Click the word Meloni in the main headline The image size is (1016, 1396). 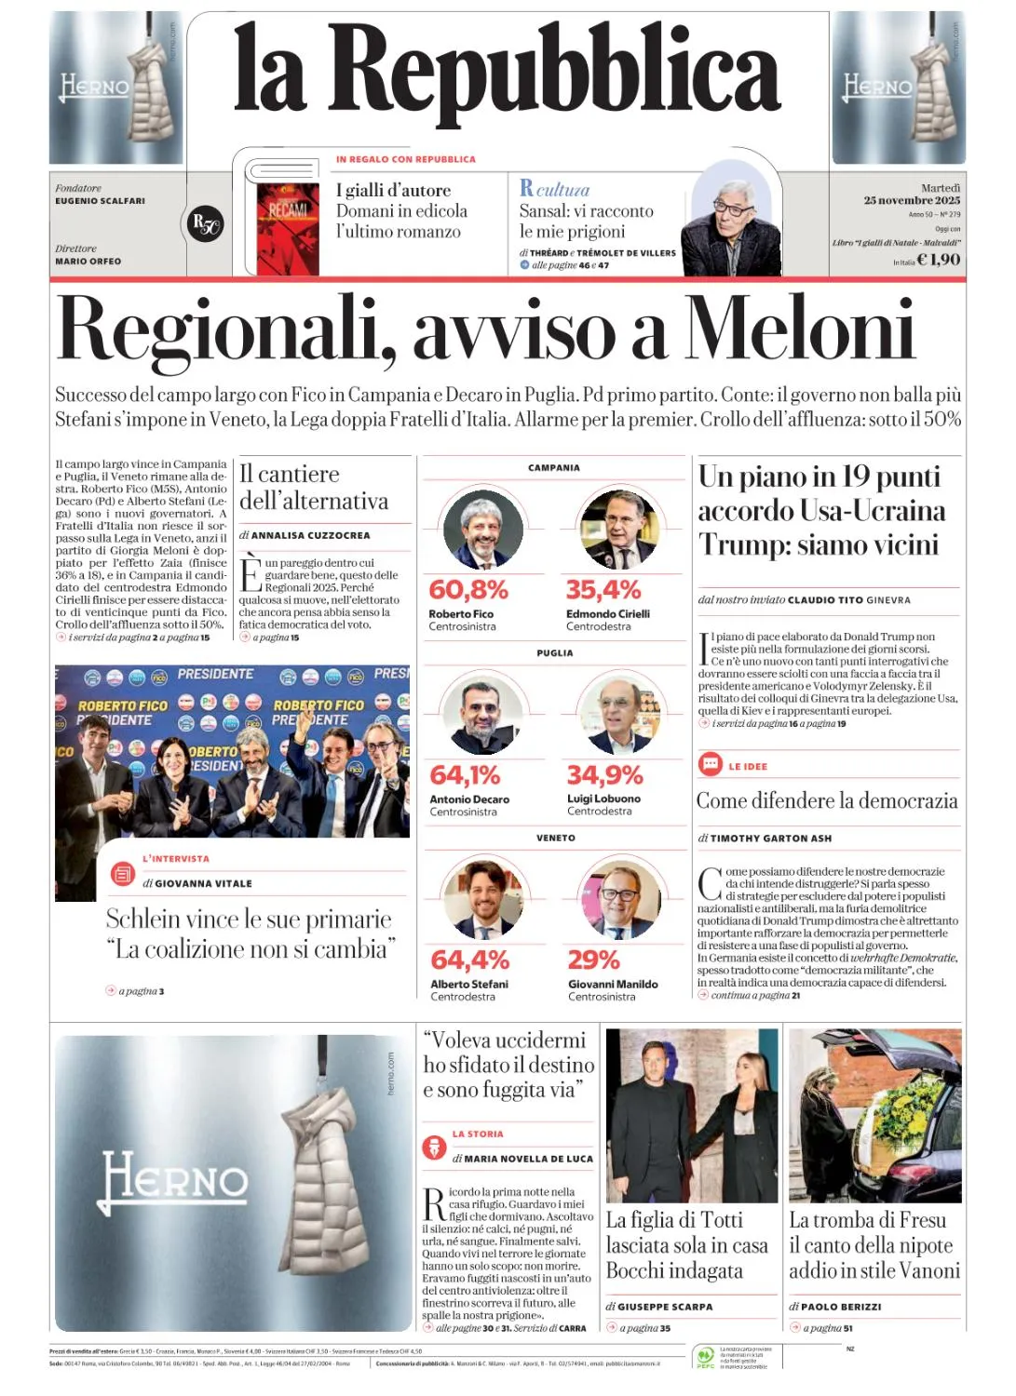click(x=799, y=330)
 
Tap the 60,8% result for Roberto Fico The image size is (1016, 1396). click(x=468, y=590)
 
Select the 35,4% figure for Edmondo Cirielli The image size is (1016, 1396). click(x=603, y=590)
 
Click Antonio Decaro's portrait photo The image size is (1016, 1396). click(x=482, y=714)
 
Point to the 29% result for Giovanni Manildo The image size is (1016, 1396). click(x=593, y=960)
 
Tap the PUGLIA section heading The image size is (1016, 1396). click(x=555, y=653)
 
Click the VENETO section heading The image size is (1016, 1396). click(x=556, y=839)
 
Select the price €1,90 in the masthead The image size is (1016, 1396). click(x=938, y=260)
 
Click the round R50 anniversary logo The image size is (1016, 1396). click(x=205, y=223)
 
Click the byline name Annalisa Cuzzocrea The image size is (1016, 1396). click(x=310, y=535)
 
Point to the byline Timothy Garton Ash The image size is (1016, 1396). click(x=770, y=839)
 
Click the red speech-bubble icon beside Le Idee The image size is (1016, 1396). click(x=711, y=765)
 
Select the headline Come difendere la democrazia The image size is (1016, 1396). click(x=827, y=800)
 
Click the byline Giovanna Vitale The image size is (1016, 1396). click(x=203, y=883)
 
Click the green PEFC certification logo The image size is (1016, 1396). click(x=705, y=1356)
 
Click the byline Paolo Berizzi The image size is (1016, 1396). click(x=841, y=1307)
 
